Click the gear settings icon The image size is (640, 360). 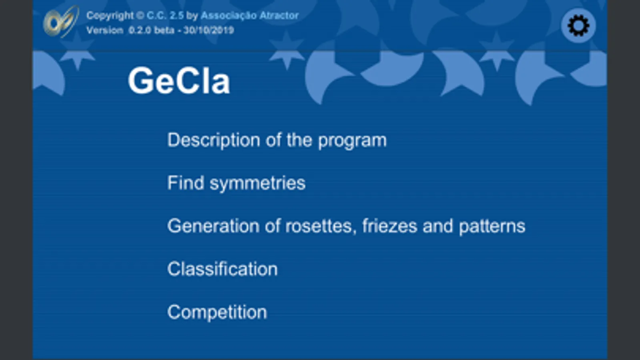click(578, 26)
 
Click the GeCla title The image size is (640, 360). click(179, 81)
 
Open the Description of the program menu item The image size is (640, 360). click(277, 140)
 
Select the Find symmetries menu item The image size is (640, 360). click(236, 183)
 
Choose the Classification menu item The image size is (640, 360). click(222, 269)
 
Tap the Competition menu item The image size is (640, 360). click(217, 312)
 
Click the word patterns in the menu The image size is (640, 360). click(492, 227)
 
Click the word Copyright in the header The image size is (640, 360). click(110, 16)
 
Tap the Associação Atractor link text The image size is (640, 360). click(250, 16)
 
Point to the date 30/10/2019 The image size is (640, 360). click(209, 30)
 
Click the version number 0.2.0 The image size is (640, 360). click(140, 30)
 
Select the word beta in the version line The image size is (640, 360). click(164, 30)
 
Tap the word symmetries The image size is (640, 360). click(258, 184)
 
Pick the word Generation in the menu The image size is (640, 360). click(213, 226)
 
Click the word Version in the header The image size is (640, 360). click(104, 30)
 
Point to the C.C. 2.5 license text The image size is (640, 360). click(165, 16)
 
